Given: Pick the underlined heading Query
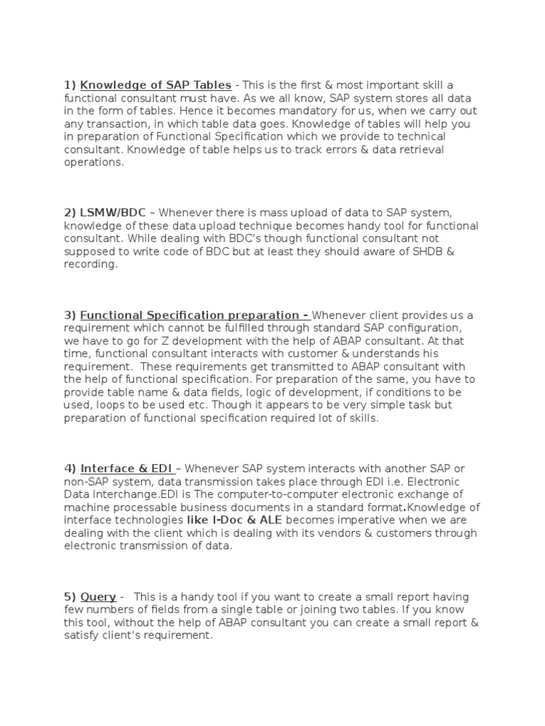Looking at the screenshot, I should click(x=99, y=597).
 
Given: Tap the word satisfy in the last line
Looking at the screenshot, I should click(x=83, y=635).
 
